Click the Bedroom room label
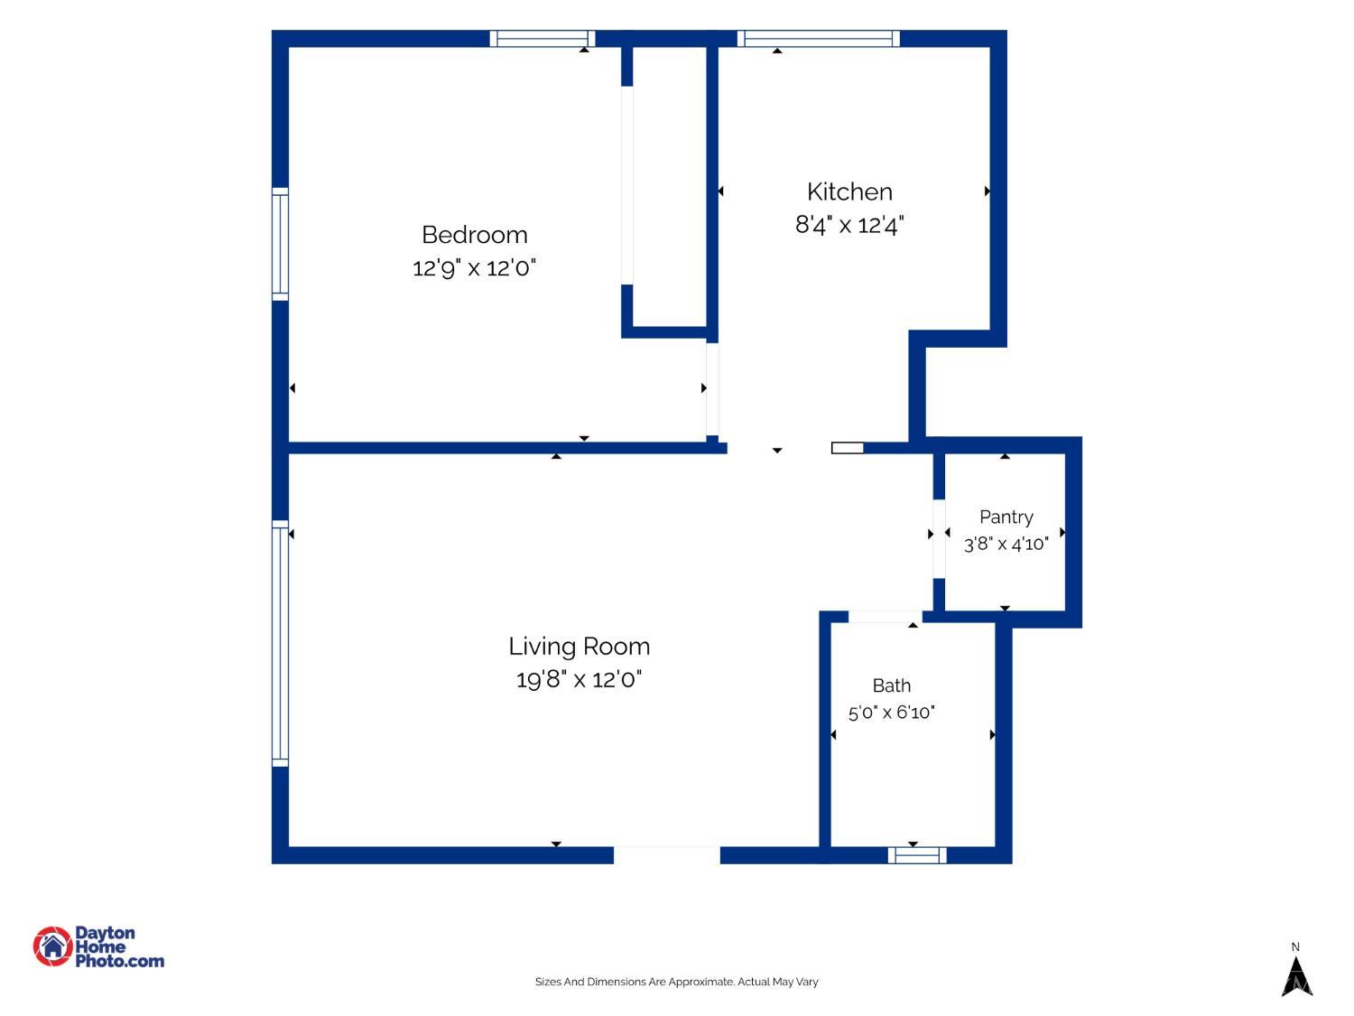click(x=475, y=235)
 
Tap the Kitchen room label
click(x=849, y=191)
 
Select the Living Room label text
click(x=579, y=648)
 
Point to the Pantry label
click(x=1006, y=517)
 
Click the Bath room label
click(x=891, y=685)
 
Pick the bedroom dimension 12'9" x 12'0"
click(x=474, y=268)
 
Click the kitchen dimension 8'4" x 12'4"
click(x=849, y=225)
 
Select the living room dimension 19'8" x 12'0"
click(x=579, y=680)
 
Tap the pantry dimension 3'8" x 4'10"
click(x=1006, y=544)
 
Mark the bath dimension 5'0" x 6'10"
click(x=891, y=713)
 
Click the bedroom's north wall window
click(x=543, y=38)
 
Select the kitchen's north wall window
click(x=818, y=38)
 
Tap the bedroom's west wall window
click(x=280, y=244)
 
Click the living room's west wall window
click(x=280, y=643)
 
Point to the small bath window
click(x=916, y=855)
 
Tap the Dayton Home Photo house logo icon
click(x=52, y=946)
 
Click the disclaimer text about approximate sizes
click(x=676, y=982)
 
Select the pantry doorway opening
click(x=938, y=538)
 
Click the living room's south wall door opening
click(x=667, y=855)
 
